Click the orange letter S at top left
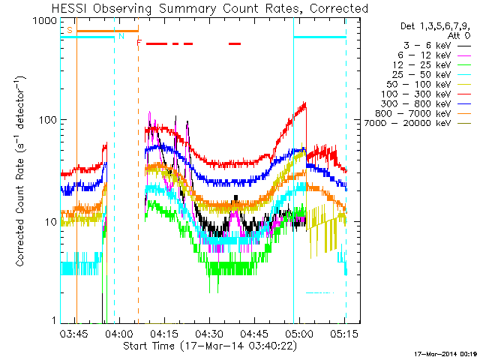[x=70, y=30]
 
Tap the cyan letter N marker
[x=121, y=35]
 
